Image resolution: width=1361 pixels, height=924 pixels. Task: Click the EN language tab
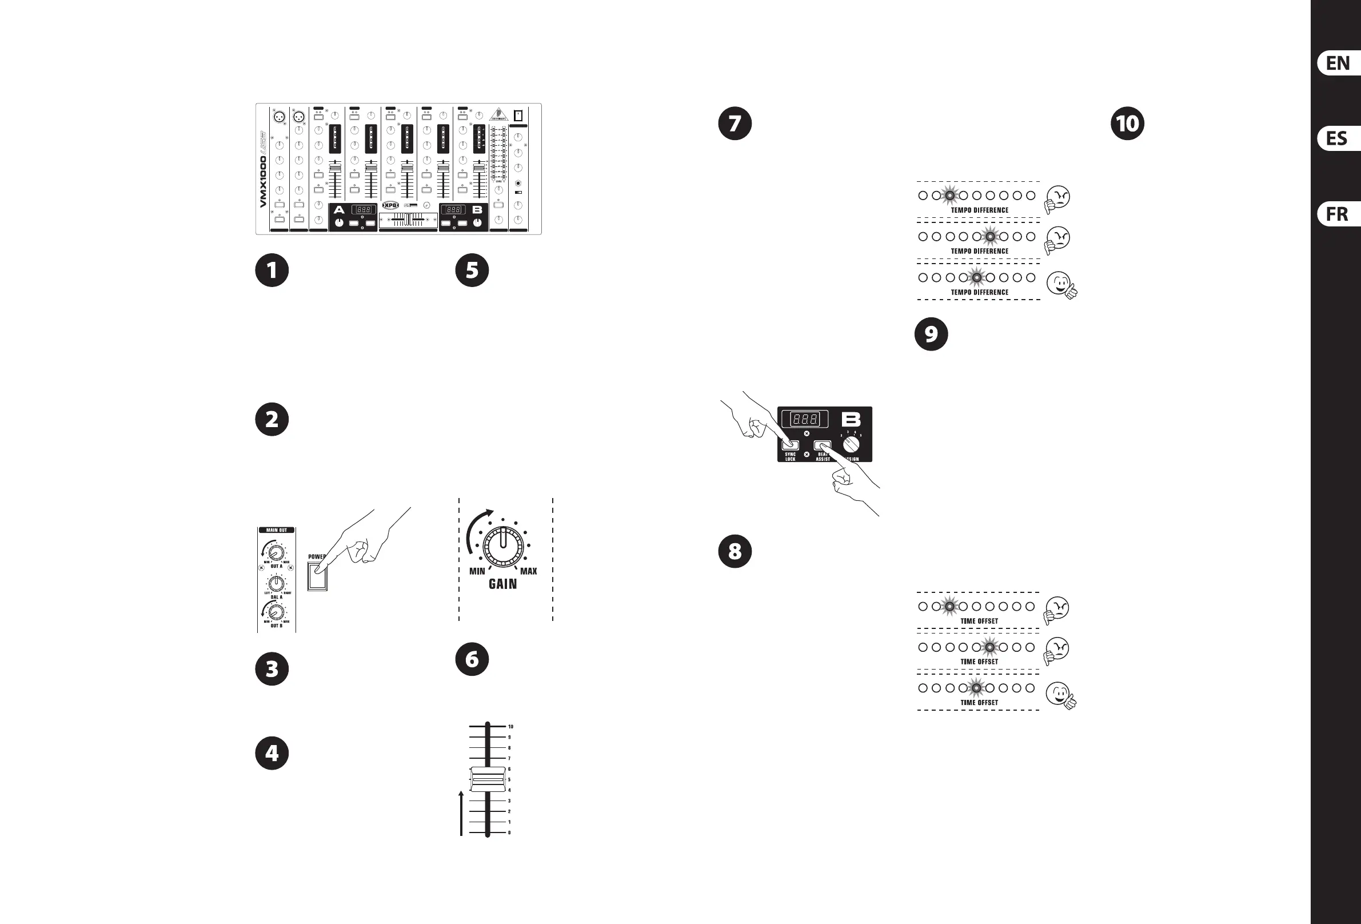(1338, 63)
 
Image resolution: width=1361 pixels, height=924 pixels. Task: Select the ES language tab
(1338, 139)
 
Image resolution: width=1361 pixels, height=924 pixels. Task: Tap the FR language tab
(1338, 214)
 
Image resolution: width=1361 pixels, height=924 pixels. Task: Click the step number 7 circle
(735, 124)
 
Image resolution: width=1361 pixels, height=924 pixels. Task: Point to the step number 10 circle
(1127, 124)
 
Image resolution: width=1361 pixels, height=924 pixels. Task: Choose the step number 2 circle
(272, 420)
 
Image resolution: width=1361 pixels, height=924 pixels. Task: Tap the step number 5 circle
(472, 270)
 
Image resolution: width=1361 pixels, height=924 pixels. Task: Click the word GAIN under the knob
(502, 584)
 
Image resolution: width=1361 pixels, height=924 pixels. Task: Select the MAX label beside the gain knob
(528, 571)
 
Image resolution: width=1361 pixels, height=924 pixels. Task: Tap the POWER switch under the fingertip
(317, 576)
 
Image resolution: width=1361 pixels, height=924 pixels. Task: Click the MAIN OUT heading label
(277, 530)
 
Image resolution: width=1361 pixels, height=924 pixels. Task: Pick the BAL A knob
(277, 584)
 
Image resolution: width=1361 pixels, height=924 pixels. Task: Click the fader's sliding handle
(487, 779)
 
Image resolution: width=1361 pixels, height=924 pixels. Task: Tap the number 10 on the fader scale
(510, 727)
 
